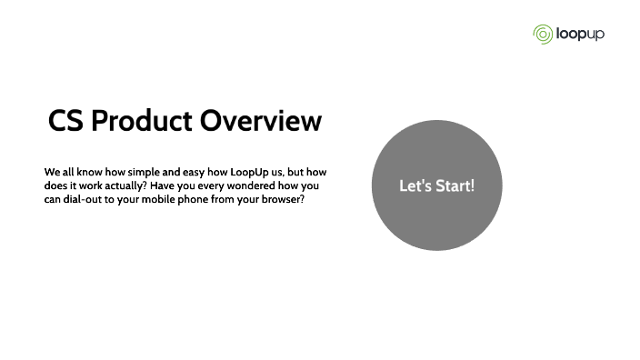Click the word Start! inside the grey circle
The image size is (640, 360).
456,185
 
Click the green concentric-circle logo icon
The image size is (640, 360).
543,35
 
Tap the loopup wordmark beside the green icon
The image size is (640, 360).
579,35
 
